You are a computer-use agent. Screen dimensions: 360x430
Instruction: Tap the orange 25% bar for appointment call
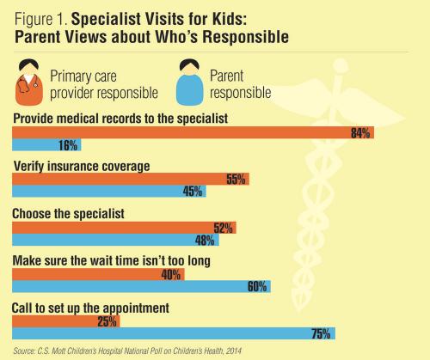pos(65,321)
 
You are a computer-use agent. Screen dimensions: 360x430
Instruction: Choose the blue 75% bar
pos(173,334)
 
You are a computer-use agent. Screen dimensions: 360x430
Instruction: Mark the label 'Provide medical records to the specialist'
pos(120,116)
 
